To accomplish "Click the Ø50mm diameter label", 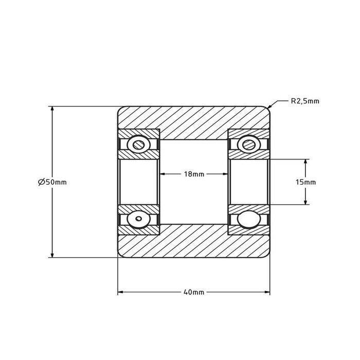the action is tap(52, 182).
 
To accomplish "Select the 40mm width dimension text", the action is tap(194, 292).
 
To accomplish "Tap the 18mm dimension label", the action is tap(194, 174).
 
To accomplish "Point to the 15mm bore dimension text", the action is tap(305, 182).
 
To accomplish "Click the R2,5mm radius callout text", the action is tap(305, 101).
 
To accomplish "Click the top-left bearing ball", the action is tap(139, 145).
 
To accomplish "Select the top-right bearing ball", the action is tap(249, 145).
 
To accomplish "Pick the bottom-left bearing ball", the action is tap(139, 219).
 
